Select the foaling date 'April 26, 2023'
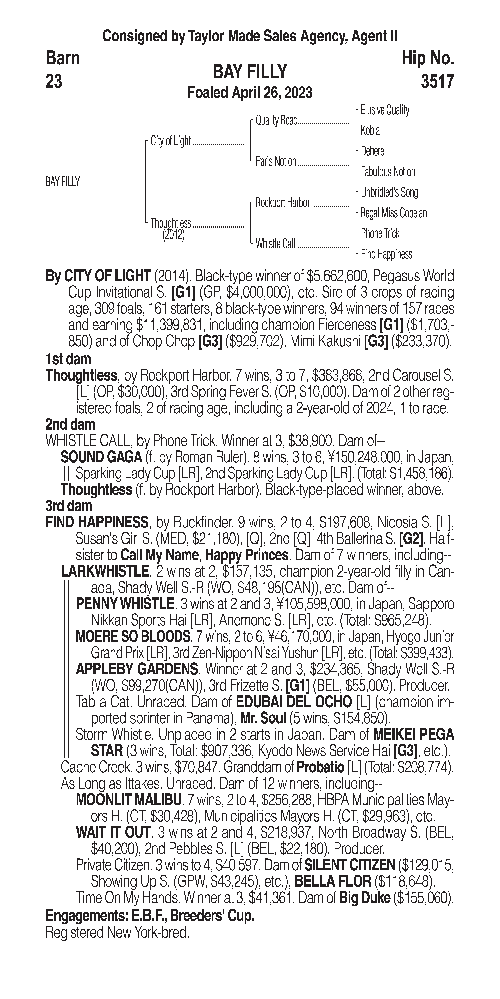point(271,93)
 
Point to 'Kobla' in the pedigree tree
point(370,131)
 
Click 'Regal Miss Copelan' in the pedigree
point(393,213)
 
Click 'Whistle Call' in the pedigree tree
point(275,244)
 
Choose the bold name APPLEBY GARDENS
point(137,669)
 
